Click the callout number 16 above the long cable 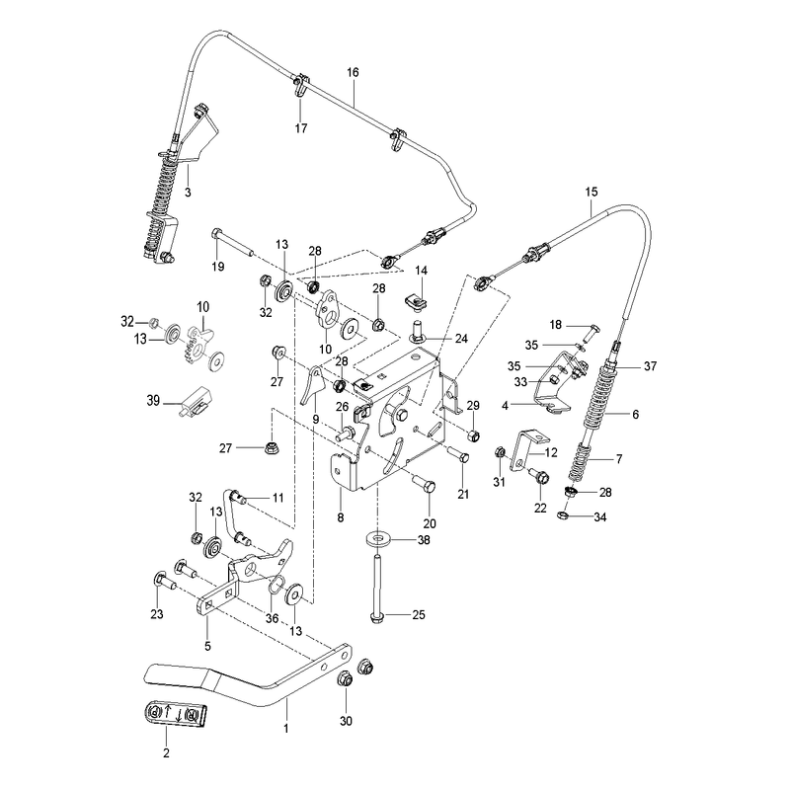click(x=353, y=72)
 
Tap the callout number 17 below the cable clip click(x=301, y=128)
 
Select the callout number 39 click(x=153, y=401)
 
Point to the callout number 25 click(x=419, y=614)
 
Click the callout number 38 click(x=424, y=539)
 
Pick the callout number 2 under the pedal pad click(x=166, y=752)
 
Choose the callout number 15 click(x=592, y=192)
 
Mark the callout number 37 click(x=651, y=366)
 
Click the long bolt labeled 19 click(x=232, y=241)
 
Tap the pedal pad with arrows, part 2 click(x=174, y=714)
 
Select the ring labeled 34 click(x=563, y=514)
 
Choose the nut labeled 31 click(x=500, y=452)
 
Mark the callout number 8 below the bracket click(x=341, y=517)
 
